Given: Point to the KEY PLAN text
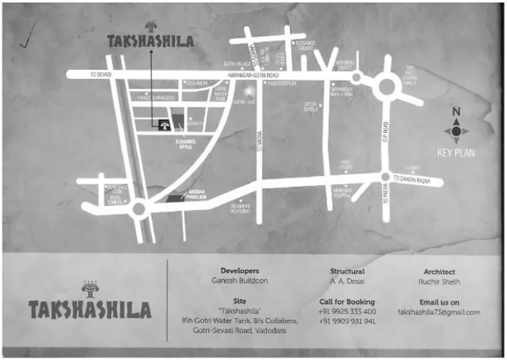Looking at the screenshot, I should click(456, 153).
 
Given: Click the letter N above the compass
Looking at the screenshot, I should click(456, 112).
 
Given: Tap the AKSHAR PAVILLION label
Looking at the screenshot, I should click(194, 195).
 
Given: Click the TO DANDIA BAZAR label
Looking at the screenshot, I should click(411, 179).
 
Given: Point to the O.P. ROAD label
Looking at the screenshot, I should click(386, 130).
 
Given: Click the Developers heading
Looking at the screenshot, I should click(240, 271).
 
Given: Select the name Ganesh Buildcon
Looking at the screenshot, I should click(240, 281).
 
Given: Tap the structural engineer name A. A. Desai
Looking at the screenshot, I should click(347, 281).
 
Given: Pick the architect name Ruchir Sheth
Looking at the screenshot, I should click(439, 282).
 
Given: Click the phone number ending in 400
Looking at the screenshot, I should click(347, 311).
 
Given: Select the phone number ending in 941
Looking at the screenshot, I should click(347, 321).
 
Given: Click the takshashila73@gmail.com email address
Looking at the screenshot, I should click(439, 312).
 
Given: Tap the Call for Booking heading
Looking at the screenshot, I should click(347, 302).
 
